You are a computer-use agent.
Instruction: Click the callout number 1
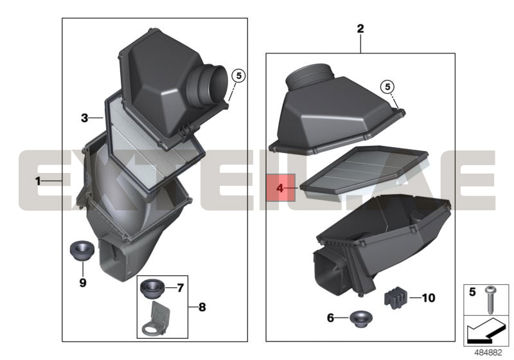tap(38, 181)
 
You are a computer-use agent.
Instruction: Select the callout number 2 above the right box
tap(360, 28)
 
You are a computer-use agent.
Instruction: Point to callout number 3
tap(85, 118)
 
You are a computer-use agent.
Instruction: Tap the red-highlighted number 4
tap(280, 188)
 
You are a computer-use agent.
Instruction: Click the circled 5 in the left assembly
tap(238, 76)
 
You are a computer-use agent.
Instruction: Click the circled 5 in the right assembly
tap(387, 87)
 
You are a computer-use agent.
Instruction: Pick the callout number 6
tap(330, 318)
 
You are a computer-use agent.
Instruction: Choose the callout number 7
tap(181, 288)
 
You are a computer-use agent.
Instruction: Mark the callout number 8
tap(202, 307)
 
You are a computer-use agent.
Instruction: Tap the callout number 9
tap(83, 283)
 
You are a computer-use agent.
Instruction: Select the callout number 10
tap(429, 298)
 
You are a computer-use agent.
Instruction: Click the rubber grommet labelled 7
tap(152, 289)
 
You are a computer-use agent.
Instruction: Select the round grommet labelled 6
tap(360, 319)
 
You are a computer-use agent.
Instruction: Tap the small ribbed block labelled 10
tap(395, 297)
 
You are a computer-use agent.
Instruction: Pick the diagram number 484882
tap(488, 353)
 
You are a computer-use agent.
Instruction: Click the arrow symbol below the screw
tap(486, 330)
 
